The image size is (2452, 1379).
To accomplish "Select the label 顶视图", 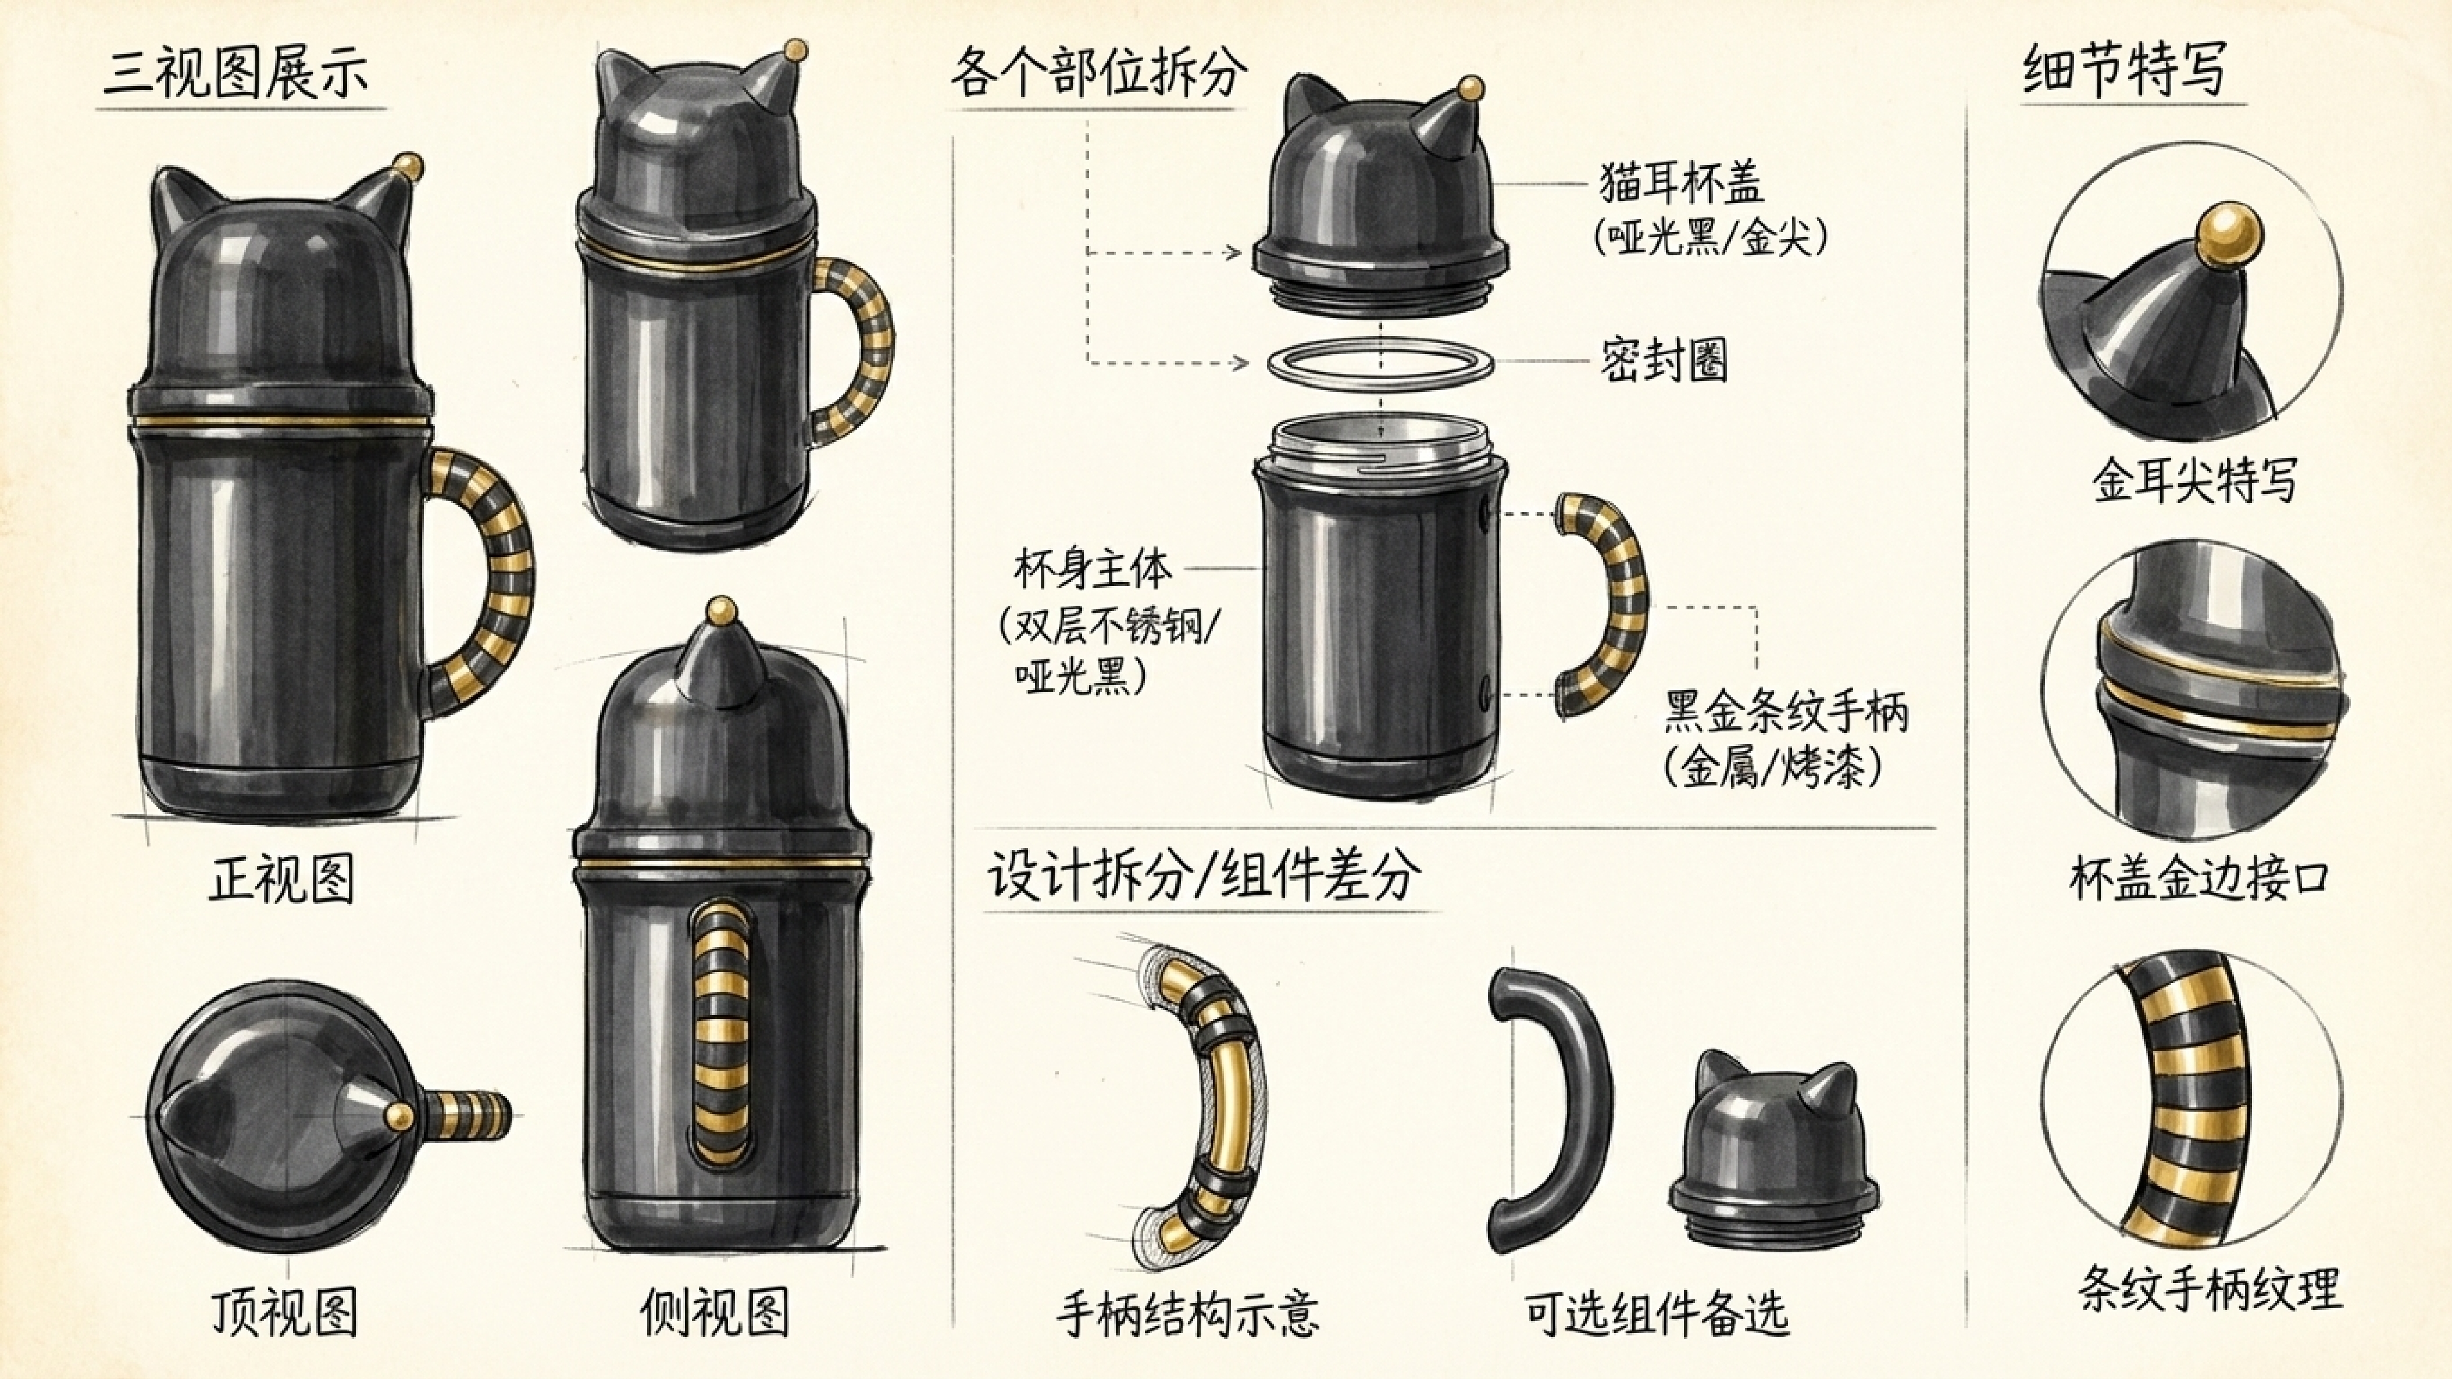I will [x=284, y=1312].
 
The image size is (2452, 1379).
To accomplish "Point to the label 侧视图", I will [x=714, y=1312].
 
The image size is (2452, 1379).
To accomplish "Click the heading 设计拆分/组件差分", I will [x=1204, y=874].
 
